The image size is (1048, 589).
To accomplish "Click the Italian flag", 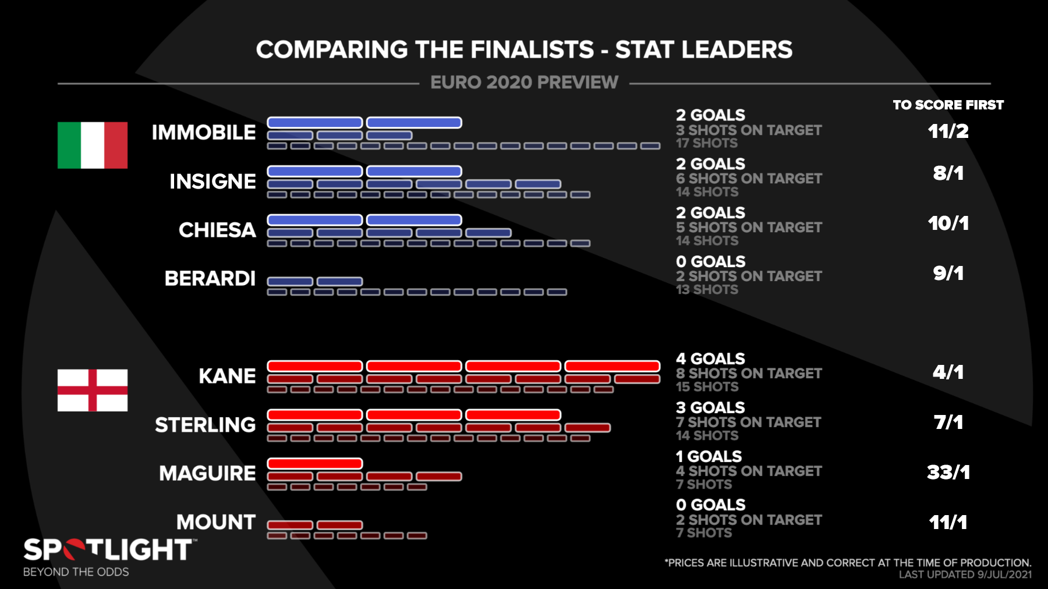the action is (x=93, y=145).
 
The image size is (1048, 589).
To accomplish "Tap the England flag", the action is (x=93, y=390).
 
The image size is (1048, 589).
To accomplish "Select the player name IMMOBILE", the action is (x=204, y=133).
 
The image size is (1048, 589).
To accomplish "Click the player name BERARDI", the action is (x=210, y=279).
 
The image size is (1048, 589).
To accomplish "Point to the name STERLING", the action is (x=206, y=425).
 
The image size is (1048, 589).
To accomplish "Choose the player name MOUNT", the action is (x=216, y=522).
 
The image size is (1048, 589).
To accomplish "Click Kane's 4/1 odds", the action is (x=948, y=372).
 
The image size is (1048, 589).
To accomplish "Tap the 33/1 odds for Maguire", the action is (x=948, y=472).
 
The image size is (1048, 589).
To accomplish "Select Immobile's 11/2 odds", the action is (x=948, y=131).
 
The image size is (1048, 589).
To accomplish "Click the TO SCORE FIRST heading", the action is (x=948, y=105).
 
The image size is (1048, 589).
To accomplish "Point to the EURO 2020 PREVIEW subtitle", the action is (x=524, y=83).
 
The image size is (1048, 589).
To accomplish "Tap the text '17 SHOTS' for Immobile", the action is (x=707, y=143).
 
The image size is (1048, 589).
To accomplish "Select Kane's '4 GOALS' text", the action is (x=710, y=359).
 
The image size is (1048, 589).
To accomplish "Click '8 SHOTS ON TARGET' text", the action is (x=749, y=373).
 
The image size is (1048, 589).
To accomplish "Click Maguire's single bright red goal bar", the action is (x=315, y=463).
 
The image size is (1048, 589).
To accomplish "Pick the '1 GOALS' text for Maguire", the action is (x=709, y=456).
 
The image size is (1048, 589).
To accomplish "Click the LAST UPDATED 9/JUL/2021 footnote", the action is (x=965, y=574).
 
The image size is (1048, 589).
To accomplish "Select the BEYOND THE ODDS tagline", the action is (x=76, y=572).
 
